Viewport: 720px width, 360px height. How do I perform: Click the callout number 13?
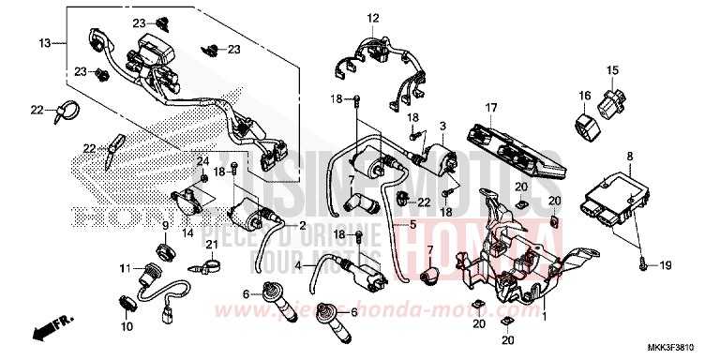(44, 43)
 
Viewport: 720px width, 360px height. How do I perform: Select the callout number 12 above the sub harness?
(372, 18)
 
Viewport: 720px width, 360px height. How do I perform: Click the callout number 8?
(630, 156)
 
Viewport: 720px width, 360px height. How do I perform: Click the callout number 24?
(202, 161)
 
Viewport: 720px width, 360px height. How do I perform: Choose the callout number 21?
(212, 246)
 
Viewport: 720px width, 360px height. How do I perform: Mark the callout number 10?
(125, 327)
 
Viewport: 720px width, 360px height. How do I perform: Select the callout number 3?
(442, 126)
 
